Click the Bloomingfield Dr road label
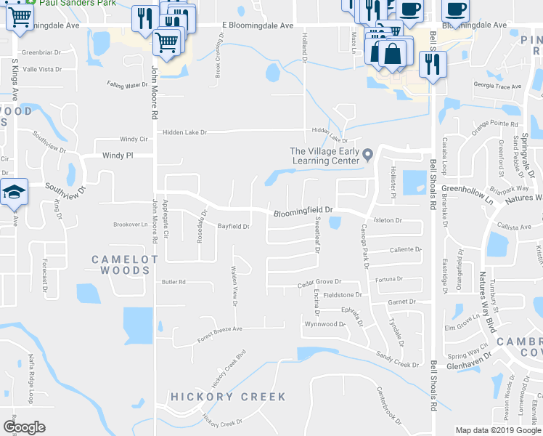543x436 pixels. [x=303, y=211]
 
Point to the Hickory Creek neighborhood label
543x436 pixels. [x=228, y=397]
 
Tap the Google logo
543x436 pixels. [x=25, y=427]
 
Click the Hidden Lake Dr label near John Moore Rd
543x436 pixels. [x=184, y=132]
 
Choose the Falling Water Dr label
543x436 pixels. [x=127, y=85]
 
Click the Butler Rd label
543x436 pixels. [x=173, y=282]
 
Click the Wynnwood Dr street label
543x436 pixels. [x=324, y=324]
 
